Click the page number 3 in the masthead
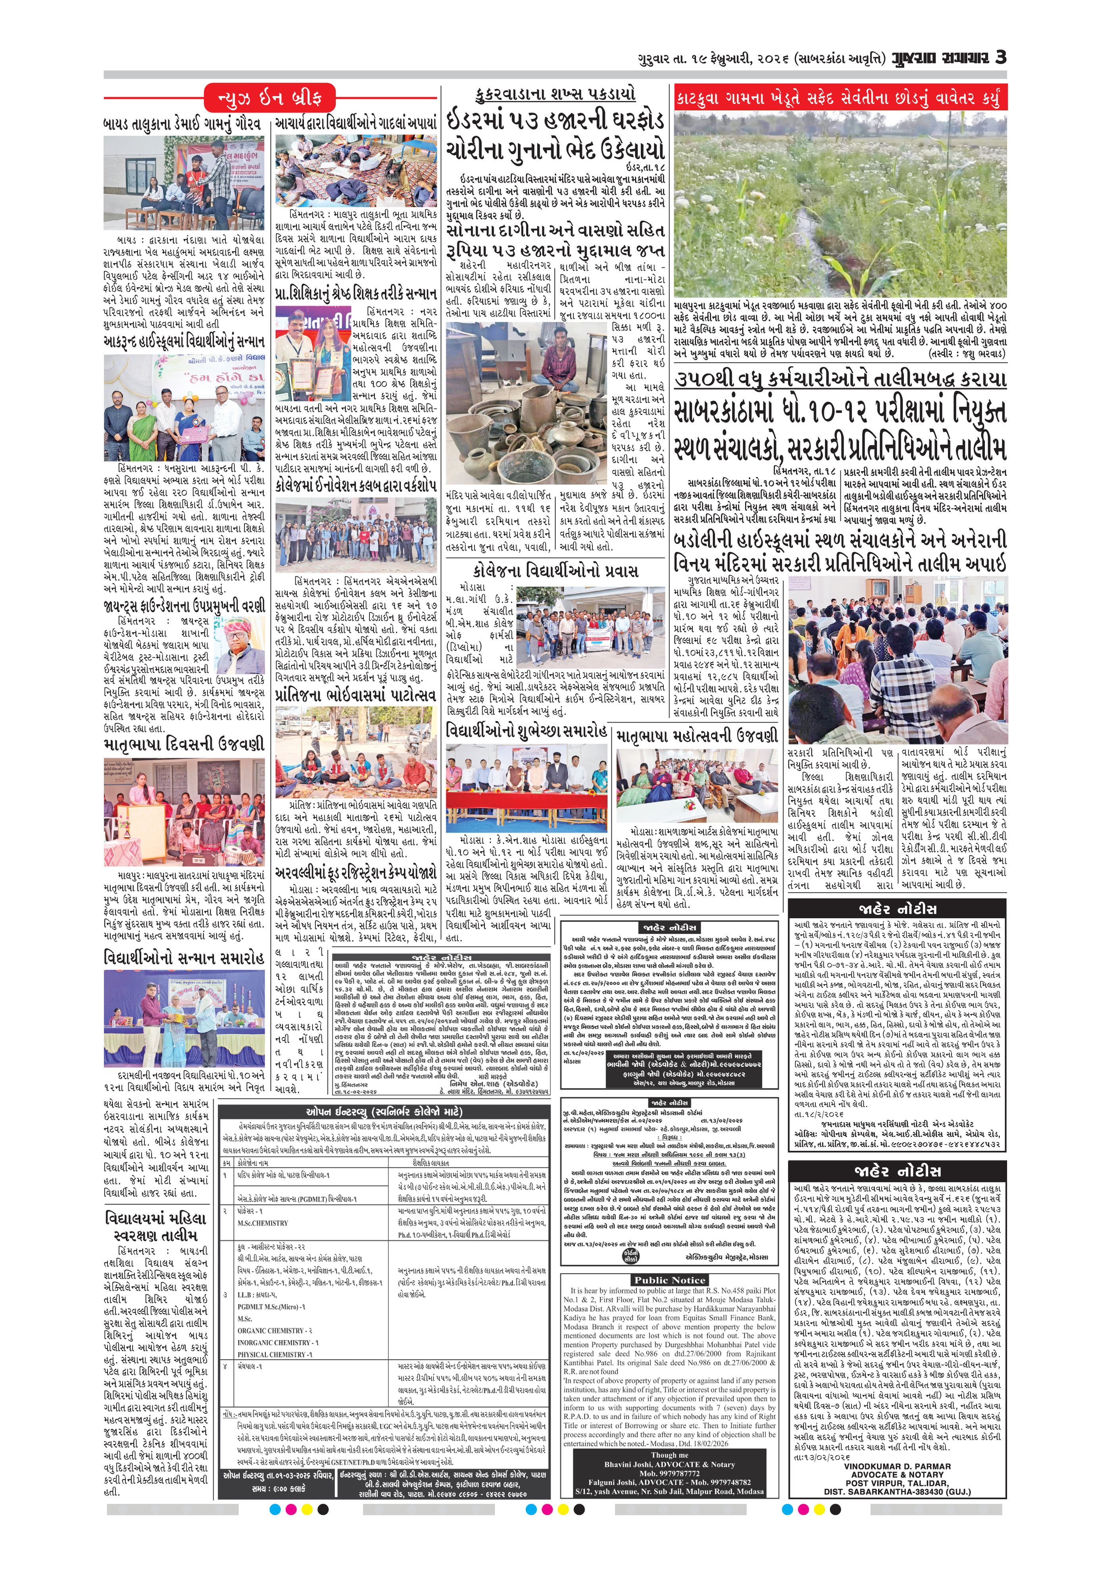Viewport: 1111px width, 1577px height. coord(1000,57)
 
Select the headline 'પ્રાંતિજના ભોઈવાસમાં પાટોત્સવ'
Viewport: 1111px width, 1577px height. coord(355,695)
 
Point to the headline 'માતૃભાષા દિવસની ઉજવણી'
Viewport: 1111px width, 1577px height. coord(183,744)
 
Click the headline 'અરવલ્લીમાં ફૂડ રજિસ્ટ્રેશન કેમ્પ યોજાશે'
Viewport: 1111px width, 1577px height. coord(355,874)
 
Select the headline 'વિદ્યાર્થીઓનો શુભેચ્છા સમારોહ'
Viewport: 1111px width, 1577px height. coord(526,730)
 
